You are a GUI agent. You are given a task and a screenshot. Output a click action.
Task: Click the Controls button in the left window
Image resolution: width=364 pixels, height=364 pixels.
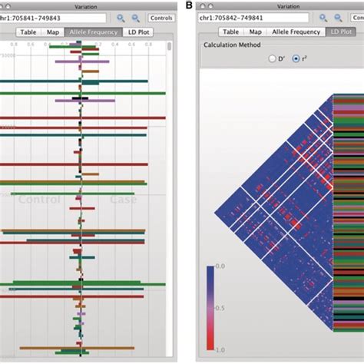click(160, 17)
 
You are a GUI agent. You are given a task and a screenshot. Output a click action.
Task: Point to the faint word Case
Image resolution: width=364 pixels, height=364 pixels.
click(122, 200)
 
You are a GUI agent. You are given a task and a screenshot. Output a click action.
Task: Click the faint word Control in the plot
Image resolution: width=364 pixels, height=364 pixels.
click(38, 200)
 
